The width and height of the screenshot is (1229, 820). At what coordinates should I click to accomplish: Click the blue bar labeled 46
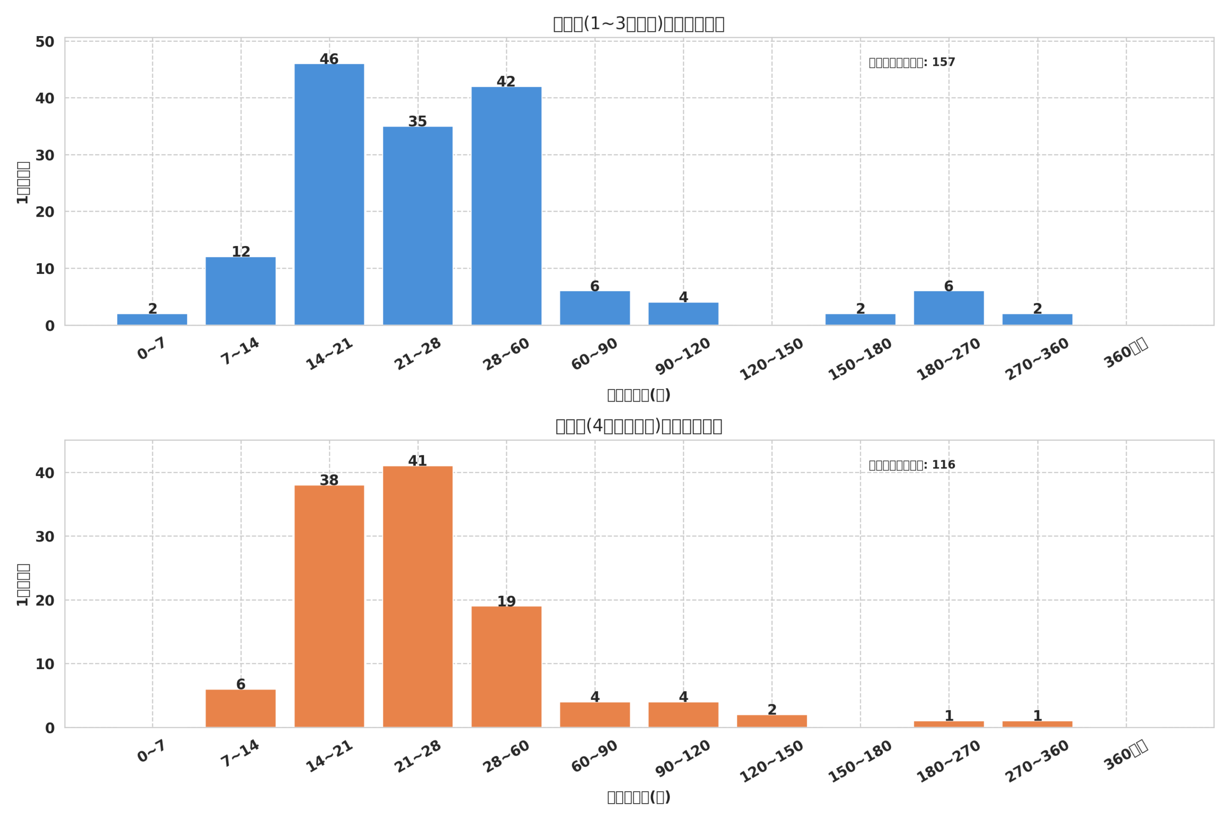click(329, 195)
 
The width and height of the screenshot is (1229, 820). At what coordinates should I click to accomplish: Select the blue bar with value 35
click(418, 226)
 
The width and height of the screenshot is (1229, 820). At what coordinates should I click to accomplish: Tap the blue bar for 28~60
click(506, 206)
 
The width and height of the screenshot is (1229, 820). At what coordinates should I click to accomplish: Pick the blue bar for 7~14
click(241, 291)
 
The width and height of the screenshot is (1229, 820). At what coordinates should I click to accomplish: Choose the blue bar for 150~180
click(860, 319)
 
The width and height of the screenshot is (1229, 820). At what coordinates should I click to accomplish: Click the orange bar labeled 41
click(418, 596)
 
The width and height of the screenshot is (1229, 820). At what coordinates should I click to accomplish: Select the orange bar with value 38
click(329, 606)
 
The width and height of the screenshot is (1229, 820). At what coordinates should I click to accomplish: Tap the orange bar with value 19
click(506, 667)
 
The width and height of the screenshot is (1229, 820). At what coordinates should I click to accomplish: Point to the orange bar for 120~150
click(772, 721)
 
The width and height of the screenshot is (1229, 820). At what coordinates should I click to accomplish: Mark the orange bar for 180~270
click(949, 724)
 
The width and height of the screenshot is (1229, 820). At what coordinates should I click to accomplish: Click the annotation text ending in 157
click(912, 63)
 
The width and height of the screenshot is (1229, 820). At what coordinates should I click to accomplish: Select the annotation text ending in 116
click(912, 465)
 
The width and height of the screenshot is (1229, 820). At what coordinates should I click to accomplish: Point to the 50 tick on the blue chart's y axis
click(45, 42)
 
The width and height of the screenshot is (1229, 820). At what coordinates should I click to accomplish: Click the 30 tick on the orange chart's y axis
click(45, 537)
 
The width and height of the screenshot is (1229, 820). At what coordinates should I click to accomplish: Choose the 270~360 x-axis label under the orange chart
click(1037, 761)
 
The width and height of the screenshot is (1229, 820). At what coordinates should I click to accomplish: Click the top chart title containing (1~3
click(639, 24)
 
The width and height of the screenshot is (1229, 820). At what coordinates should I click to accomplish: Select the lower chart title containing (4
click(639, 426)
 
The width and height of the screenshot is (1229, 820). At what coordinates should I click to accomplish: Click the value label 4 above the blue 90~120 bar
click(684, 297)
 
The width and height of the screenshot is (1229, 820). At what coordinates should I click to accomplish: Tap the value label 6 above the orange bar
click(241, 685)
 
